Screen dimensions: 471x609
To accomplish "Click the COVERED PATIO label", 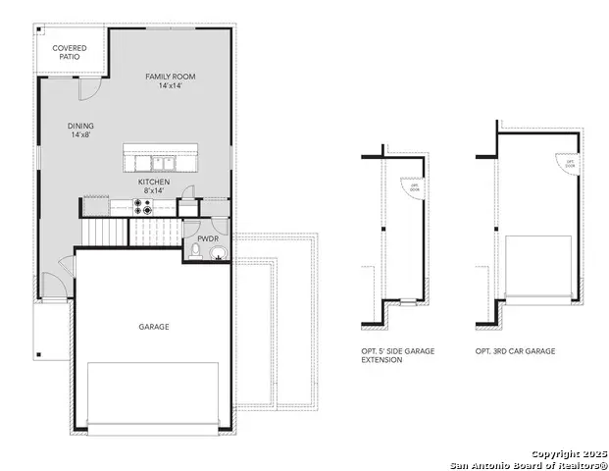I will pyautogui.click(x=70, y=52).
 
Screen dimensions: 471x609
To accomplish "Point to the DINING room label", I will pyautogui.click(x=81, y=131).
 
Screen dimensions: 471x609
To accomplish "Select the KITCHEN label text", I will pyautogui.click(x=154, y=186).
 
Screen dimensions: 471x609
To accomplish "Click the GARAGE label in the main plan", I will pyautogui.click(x=153, y=327).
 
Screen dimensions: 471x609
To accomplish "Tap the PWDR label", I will pyautogui.click(x=208, y=238).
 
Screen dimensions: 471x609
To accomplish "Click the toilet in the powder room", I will pyautogui.click(x=195, y=254).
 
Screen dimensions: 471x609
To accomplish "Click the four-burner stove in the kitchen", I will pyautogui.click(x=144, y=207).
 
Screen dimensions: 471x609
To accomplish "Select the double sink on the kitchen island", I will pyautogui.click(x=157, y=162).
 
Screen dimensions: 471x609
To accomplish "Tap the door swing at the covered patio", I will pyautogui.click(x=87, y=86).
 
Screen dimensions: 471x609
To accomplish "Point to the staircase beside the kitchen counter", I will pyautogui.click(x=106, y=233).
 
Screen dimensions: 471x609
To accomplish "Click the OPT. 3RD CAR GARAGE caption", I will pyautogui.click(x=516, y=350).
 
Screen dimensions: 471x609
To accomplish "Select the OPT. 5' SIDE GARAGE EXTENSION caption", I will pyautogui.click(x=397, y=355).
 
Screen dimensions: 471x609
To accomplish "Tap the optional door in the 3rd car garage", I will pyautogui.click(x=568, y=166).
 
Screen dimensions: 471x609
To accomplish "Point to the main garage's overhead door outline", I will pyautogui.click(x=153, y=394).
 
